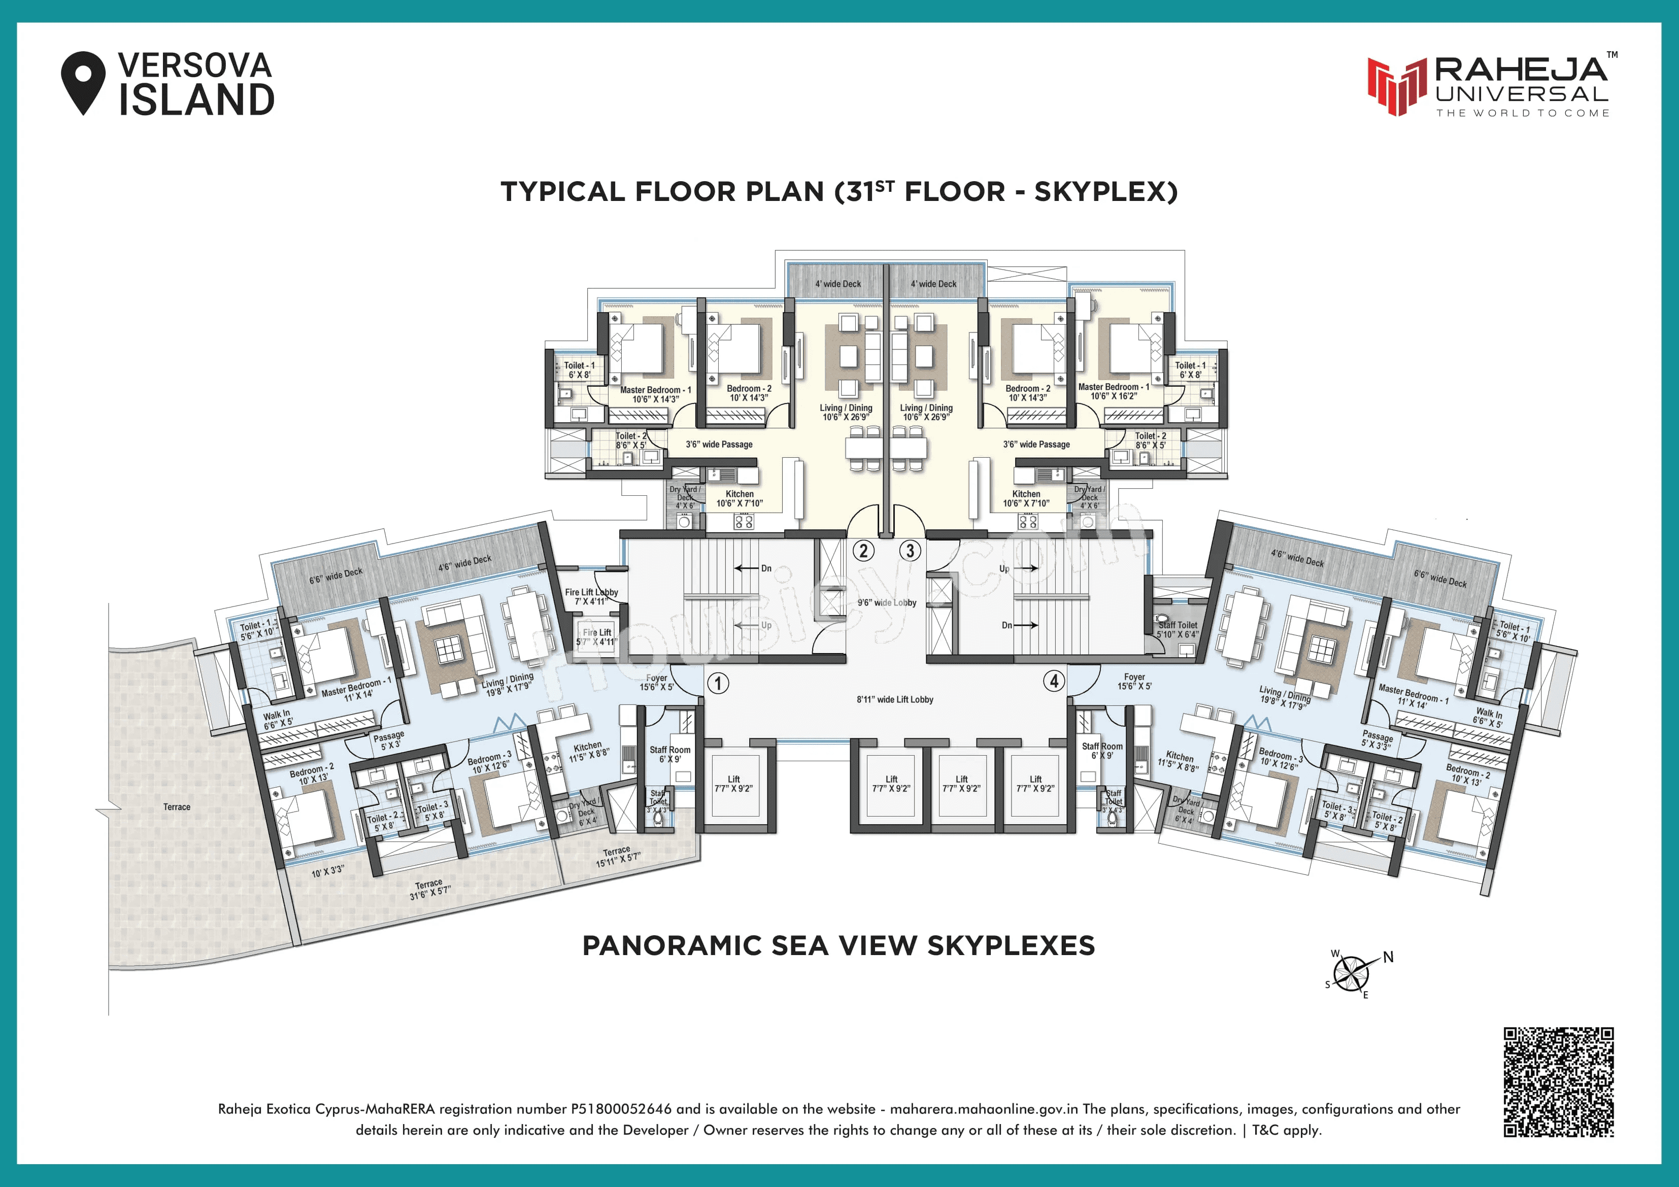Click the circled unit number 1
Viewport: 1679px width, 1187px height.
(718, 683)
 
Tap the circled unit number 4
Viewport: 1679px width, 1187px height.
(1054, 681)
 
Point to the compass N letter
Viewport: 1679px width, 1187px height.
(1388, 957)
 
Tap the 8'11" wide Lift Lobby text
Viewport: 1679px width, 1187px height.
(895, 699)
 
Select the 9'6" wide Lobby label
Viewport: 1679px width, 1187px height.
(886, 603)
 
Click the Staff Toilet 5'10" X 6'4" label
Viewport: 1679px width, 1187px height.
(1178, 630)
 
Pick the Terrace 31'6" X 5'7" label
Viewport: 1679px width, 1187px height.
(429, 889)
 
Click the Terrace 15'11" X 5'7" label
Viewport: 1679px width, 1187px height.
(617, 857)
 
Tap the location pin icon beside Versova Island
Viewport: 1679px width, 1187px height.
(83, 81)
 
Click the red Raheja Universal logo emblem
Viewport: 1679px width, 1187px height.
(1397, 86)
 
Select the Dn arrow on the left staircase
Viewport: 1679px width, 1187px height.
(753, 568)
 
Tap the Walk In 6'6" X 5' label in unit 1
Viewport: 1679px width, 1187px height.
(278, 719)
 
